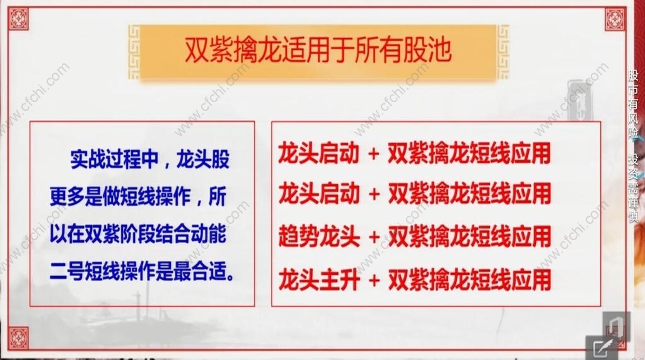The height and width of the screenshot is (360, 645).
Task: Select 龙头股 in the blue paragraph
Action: [203, 160]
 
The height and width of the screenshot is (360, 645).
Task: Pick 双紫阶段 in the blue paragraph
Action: [120, 235]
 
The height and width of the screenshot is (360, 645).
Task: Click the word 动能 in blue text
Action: [209, 235]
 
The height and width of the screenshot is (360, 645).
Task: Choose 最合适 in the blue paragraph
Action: [200, 272]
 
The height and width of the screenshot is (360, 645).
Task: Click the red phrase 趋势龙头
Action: [319, 237]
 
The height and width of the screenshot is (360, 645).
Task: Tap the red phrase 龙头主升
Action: [319, 280]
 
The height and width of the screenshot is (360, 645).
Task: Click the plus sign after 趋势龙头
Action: [374, 238]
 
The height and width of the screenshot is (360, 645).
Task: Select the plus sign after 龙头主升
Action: [374, 281]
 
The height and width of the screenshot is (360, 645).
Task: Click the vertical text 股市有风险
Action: [634, 105]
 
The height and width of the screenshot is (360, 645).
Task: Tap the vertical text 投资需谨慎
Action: [634, 189]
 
